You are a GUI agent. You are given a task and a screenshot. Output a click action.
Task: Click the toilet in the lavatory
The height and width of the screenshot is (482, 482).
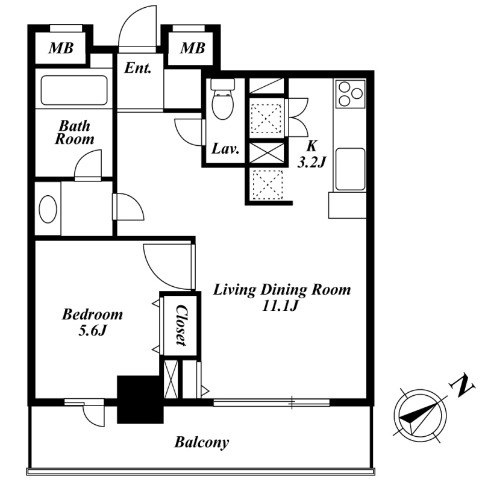tap(223, 99)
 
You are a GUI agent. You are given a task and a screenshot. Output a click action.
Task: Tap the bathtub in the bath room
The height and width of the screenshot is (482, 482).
tap(74, 90)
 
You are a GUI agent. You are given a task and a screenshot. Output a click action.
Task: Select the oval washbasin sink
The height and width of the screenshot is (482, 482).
tap(48, 209)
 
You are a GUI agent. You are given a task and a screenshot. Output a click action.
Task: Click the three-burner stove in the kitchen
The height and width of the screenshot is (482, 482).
tap(351, 94)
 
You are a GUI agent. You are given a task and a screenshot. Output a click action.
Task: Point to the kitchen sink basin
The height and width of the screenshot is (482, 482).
tap(351, 169)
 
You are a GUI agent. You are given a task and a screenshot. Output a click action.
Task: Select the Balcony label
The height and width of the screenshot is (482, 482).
tap(202, 443)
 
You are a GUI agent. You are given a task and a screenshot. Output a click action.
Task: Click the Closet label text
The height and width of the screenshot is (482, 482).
tap(181, 325)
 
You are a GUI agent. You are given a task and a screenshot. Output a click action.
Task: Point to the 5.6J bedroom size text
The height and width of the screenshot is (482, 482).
tap(92, 331)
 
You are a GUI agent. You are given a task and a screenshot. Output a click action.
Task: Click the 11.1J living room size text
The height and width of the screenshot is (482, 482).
tap(280, 305)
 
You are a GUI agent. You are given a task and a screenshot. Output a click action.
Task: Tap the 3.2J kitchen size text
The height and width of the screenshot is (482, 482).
tap(311, 161)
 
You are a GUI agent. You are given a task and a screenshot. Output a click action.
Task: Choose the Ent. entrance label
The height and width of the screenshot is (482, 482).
tap(138, 68)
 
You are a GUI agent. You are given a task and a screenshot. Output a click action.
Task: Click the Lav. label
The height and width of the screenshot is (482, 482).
tap(225, 149)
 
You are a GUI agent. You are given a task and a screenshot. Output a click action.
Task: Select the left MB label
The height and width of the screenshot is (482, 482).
tap(61, 48)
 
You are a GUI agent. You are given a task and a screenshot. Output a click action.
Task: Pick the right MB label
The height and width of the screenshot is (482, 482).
tap(192, 48)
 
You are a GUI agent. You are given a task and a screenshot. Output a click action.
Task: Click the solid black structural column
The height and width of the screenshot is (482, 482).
tap(140, 399)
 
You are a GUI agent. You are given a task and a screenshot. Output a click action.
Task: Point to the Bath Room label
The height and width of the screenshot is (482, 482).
tap(74, 132)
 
